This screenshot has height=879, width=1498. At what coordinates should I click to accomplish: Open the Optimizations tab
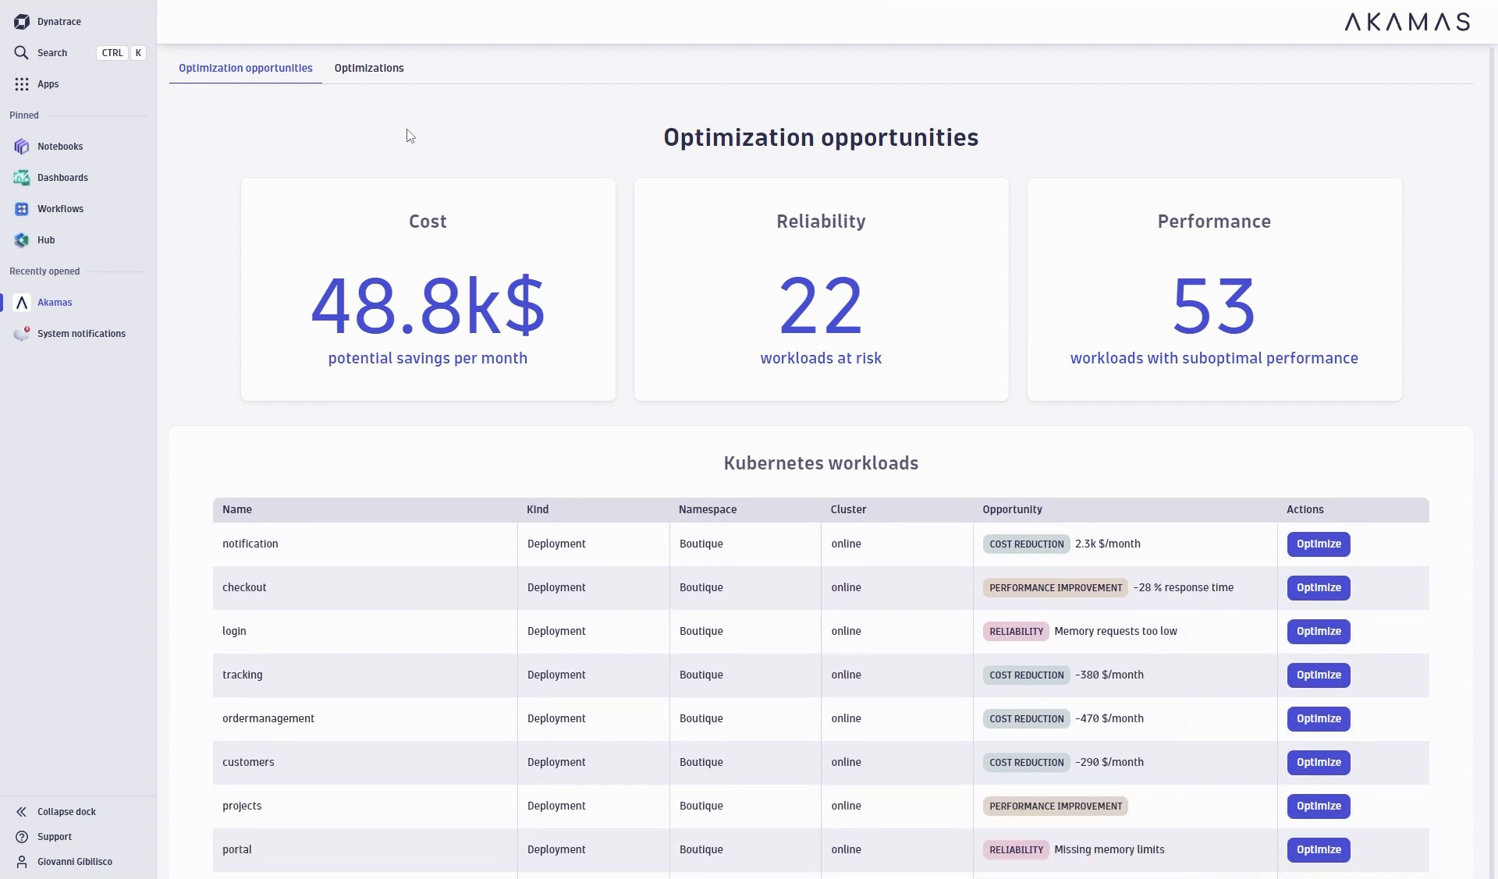(369, 68)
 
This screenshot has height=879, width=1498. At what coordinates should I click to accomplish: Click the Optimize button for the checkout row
(1318, 588)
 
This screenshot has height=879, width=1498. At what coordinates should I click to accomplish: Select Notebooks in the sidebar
(59, 147)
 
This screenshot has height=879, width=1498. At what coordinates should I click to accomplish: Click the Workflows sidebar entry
(60, 209)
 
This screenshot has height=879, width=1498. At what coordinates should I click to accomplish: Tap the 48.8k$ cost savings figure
(428, 306)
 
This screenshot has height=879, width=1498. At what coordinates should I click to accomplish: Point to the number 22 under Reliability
(820, 306)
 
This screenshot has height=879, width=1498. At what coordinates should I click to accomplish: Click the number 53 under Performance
(1213, 306)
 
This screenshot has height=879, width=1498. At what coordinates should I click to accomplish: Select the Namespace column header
(707, 510)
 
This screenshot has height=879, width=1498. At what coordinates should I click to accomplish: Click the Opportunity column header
(1012, 510)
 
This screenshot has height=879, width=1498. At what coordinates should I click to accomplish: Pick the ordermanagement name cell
(268, 719)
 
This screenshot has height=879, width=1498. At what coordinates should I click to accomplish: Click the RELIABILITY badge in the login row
(1016, 632)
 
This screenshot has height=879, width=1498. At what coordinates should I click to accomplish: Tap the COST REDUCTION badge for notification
(1026, 544)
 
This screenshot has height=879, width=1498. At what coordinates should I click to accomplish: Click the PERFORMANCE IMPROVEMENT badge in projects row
(1055, 806)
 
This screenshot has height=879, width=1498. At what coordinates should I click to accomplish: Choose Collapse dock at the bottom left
(66, 812)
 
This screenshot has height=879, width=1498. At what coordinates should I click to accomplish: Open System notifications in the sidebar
(81, 334)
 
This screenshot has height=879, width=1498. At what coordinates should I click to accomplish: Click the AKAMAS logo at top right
(1407, 22)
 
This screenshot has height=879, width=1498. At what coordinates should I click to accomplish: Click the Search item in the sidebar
(51, 53)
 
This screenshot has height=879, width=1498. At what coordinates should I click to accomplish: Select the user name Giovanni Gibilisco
(74, 862)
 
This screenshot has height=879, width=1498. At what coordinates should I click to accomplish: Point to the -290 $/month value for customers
(1109, 763)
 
